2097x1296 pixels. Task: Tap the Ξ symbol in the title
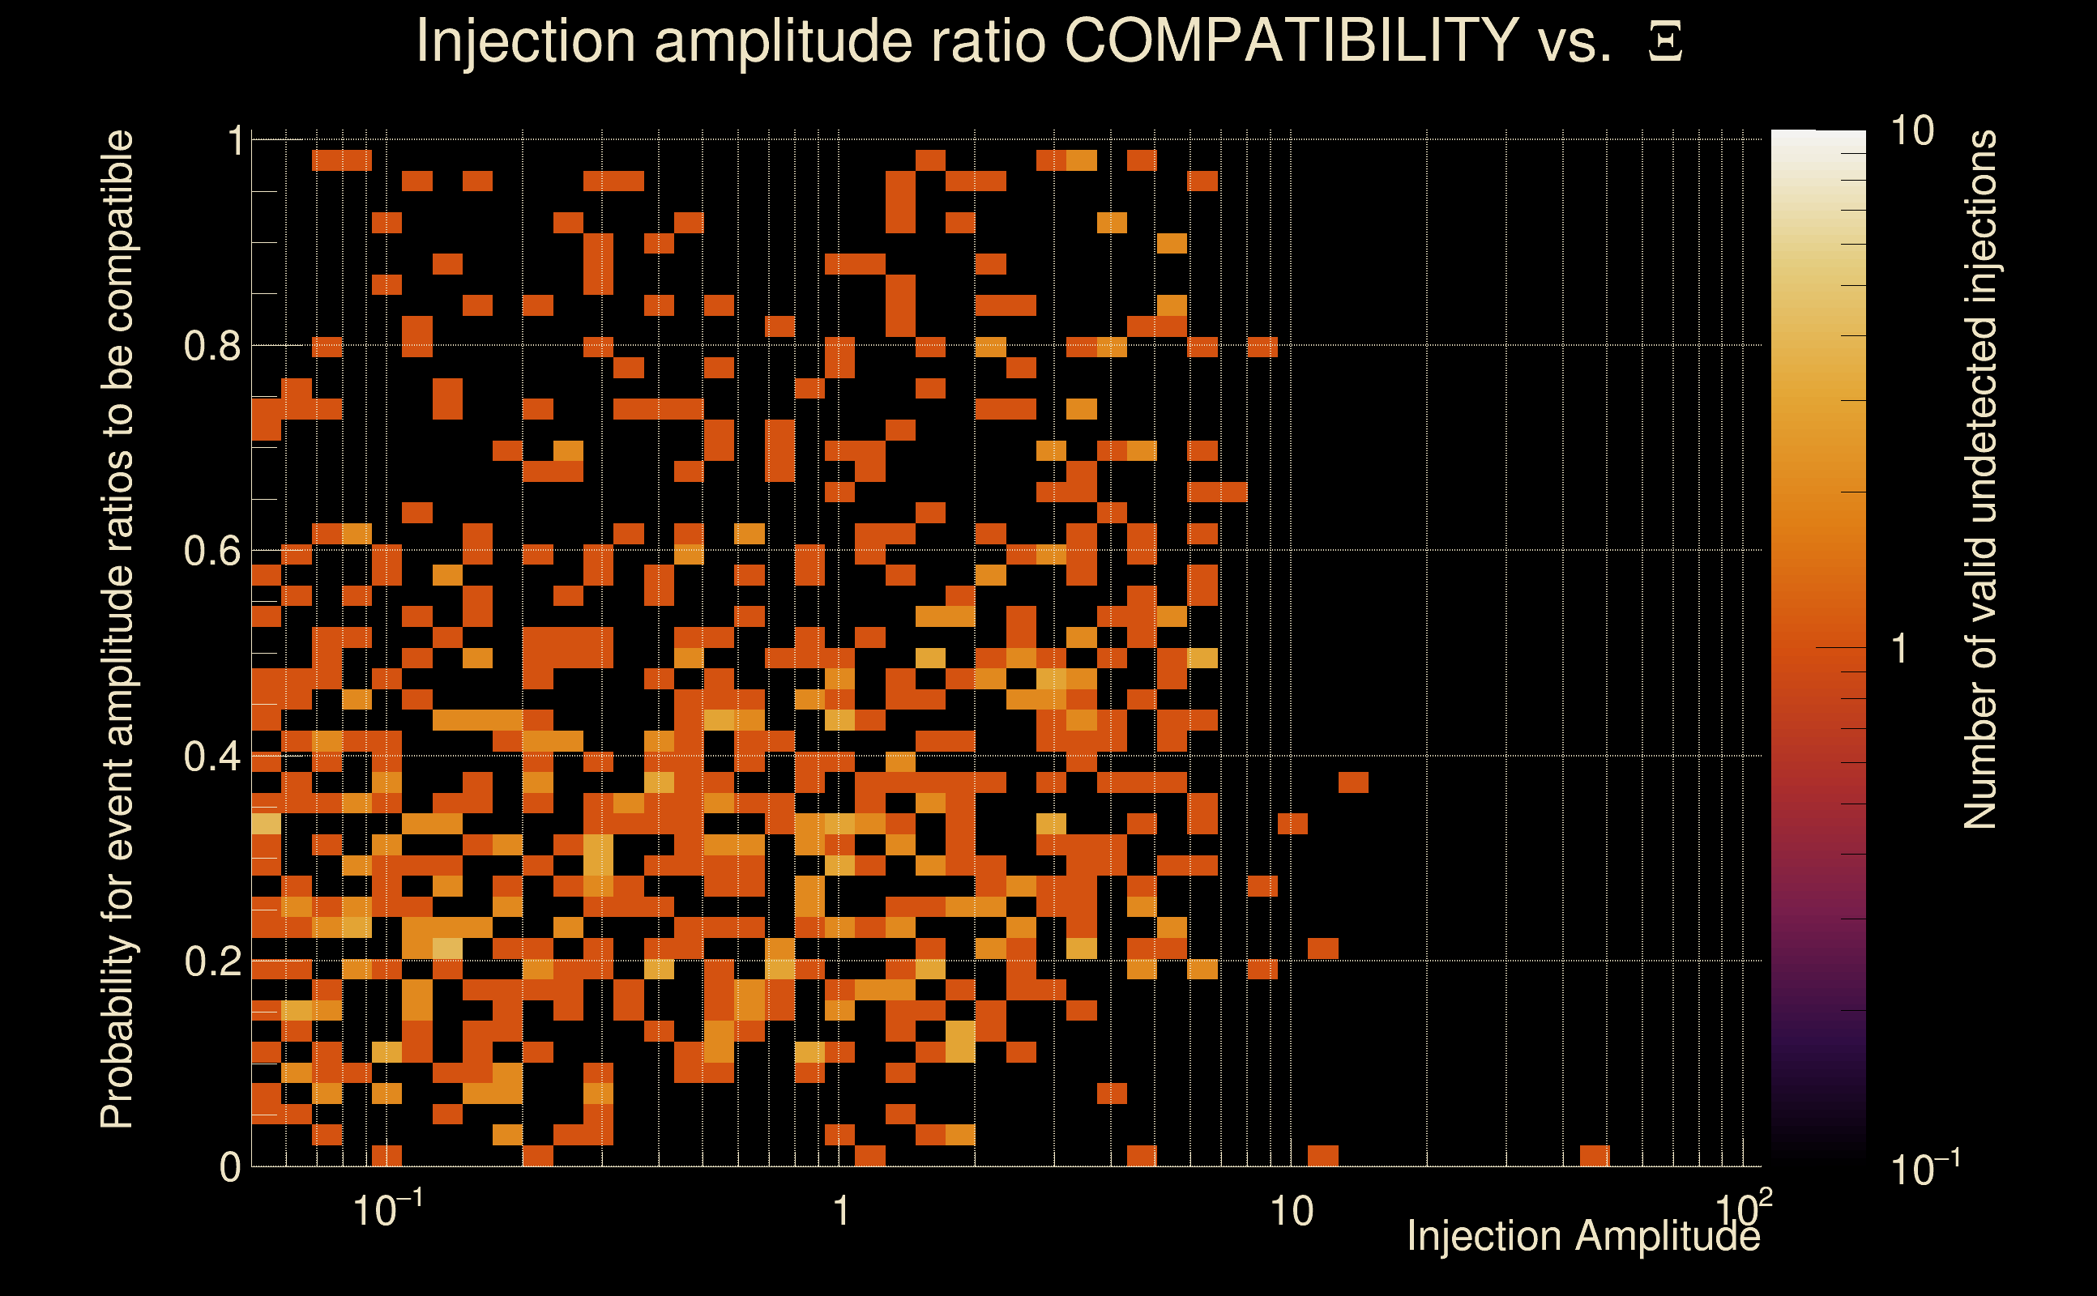[x=1665, y=42]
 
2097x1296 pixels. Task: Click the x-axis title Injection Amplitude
[x=1583, y=1236]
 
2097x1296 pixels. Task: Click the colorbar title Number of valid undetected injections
[x=1980, y=480]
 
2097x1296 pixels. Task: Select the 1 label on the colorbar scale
[x=1900, y=649]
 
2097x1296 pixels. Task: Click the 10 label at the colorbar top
[x=1911, y=132]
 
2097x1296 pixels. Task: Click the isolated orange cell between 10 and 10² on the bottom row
[x=1595, y=1155]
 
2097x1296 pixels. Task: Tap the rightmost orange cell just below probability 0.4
[x=1354, y=782]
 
